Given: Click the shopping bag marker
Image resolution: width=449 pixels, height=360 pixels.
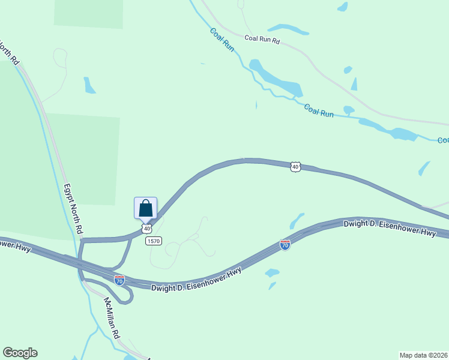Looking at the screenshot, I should pos(145,208).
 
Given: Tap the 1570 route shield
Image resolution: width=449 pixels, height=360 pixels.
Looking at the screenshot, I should pos(152,241).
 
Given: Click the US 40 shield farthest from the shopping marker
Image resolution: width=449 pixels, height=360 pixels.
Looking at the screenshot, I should pos(294,166).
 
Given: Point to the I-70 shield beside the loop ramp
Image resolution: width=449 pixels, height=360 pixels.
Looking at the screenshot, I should pos(119,280).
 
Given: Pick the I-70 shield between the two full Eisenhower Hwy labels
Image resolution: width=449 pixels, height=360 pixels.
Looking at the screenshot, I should pos(285,245).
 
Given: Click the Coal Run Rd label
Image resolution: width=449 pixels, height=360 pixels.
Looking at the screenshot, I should pos(262,40).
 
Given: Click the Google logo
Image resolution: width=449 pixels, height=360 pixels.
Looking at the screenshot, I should pos(20,353).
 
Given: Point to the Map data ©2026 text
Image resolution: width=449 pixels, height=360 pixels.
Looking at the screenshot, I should pos(423,355).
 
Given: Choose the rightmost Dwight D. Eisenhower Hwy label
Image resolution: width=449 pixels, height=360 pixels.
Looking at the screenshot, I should pos(389,228).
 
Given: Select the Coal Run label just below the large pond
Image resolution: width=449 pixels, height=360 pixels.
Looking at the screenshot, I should pos(318,110).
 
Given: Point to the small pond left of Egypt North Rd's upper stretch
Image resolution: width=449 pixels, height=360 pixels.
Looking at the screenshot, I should pos(89,85).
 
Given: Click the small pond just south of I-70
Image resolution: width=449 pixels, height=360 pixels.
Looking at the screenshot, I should pos(272,273).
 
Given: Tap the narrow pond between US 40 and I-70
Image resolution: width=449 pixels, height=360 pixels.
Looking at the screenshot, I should pos(297,221).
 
